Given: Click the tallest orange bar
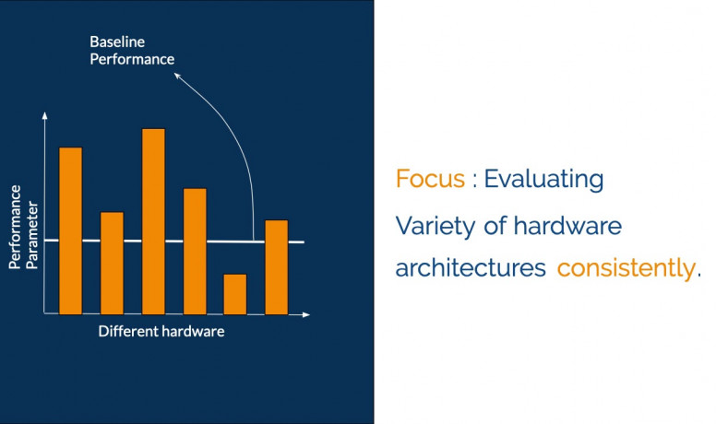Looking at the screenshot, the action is click(153, 221).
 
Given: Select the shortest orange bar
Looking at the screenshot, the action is click(235, 294).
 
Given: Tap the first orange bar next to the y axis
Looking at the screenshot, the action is click(71, 231).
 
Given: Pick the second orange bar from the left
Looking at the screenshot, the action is click(112, 264).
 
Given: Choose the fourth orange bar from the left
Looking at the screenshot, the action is click(195, 252).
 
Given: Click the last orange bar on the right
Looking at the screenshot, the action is click(277, 267).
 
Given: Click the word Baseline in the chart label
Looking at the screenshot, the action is click(117, 42).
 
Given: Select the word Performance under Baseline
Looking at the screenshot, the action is click(132, 59).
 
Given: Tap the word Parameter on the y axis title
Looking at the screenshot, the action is click(32, 235).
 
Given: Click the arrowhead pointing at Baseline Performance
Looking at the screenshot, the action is click(178, 76).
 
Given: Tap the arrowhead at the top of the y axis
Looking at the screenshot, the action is click(44, 115).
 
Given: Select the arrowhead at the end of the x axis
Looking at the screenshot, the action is click(306, 314).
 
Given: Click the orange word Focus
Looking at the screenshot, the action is click(430, 179).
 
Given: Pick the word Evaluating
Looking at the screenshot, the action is click(543, 180).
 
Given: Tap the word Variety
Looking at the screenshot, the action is click(436, 227).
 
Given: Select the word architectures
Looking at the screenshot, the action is click(471, 268).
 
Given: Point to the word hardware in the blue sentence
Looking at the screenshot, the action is click(567, 226).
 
